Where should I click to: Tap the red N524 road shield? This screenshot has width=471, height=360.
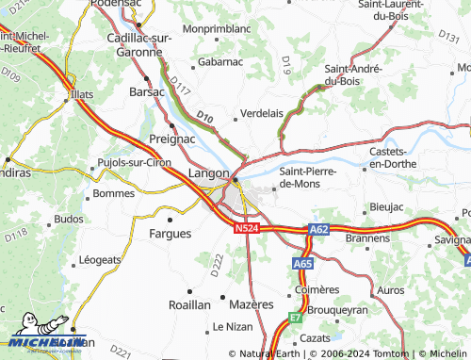coord(246,228)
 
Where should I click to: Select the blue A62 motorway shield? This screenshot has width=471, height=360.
coord(318,228)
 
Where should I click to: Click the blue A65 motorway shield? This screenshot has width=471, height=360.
coord(301,265)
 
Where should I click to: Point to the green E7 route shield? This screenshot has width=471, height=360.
coord(295,319)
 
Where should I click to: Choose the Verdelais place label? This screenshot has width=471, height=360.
coord(263,112)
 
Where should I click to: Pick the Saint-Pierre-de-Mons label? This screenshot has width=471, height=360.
coord(313,177)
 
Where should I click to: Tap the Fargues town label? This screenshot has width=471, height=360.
coord(171,233)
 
